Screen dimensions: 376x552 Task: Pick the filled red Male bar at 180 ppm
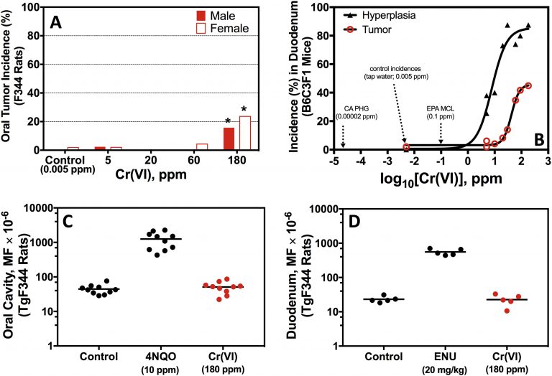[229, 138]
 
